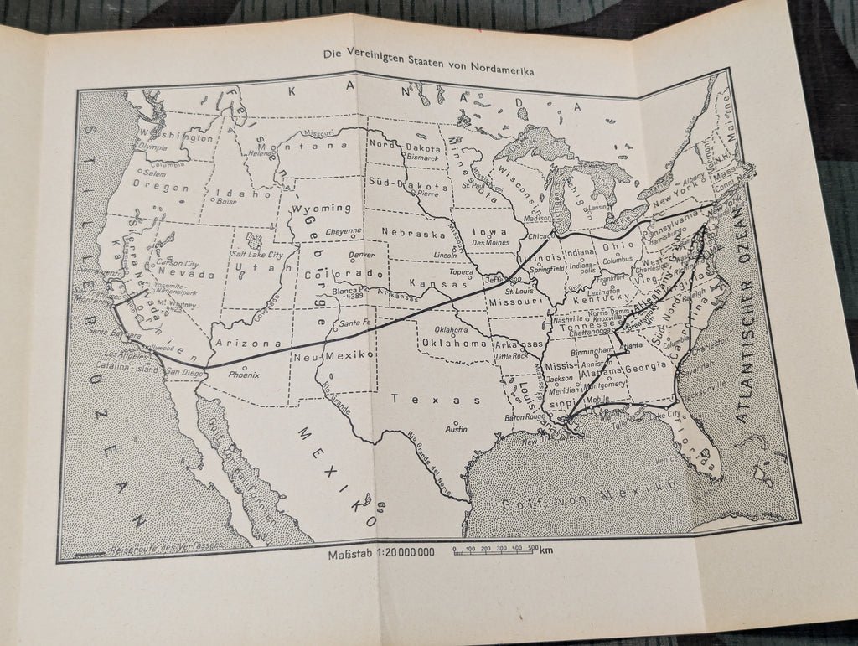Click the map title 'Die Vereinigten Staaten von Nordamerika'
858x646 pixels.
[429, 54]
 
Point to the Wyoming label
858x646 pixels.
[321, 207]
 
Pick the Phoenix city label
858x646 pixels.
[244, 375]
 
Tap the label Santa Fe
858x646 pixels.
[355, 323]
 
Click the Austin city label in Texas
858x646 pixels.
[456, 429]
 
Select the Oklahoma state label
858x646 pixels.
[454, 343]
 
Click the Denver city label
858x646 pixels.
[361, 255]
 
